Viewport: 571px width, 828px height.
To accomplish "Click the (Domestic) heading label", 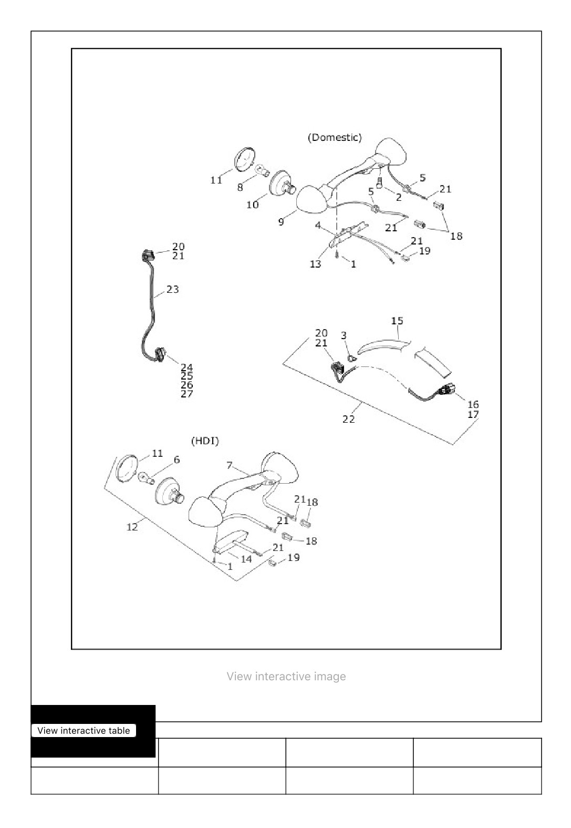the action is click(x=335, y=138).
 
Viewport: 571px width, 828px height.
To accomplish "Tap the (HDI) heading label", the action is click(x=205, y=441).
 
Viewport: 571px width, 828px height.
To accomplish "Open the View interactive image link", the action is click(x=286, y=677).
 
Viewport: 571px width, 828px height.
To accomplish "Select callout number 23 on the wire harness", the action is click(x=172, y=289).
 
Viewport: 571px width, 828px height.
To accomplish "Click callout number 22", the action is click(x=348, y=419).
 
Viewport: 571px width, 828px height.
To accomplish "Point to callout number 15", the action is click(x=397, y=321).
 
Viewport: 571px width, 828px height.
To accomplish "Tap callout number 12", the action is click(x=132, y=527).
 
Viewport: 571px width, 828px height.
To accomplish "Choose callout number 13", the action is click(x=315, y=264).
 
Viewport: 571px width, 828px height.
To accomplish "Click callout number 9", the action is click(x=281, y=222).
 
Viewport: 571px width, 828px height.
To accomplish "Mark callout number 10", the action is click(x=253, y=205).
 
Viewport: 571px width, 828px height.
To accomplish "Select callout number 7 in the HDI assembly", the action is click(x=230, y=465).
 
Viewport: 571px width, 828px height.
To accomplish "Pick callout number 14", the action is click(x=246, y=559).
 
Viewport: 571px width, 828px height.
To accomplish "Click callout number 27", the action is click(x=187, y=394).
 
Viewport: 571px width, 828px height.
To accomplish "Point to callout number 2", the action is click(x=399, y=197).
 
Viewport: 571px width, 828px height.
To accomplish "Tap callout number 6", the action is click(x=177, y=460).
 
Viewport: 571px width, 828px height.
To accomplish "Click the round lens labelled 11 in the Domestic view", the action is click(x=245, y=159).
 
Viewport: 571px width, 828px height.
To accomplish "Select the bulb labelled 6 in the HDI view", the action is click(x=146, y=478).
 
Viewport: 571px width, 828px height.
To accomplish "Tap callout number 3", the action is click(x=344, y=335).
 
